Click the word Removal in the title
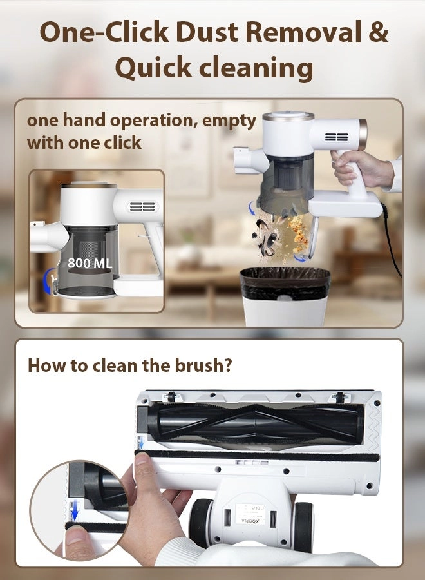(303, 32)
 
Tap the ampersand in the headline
(378, 32)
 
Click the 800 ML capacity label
(90, 263)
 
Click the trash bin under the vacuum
(285, 296)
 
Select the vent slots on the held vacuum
(336, 137)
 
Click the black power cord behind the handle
(392, 240)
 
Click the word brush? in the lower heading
(203, 365)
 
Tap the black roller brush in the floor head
(255, 422)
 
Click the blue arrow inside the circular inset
(75, 512)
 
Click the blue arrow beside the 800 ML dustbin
(47, 280)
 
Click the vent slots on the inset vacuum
(143, 206)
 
